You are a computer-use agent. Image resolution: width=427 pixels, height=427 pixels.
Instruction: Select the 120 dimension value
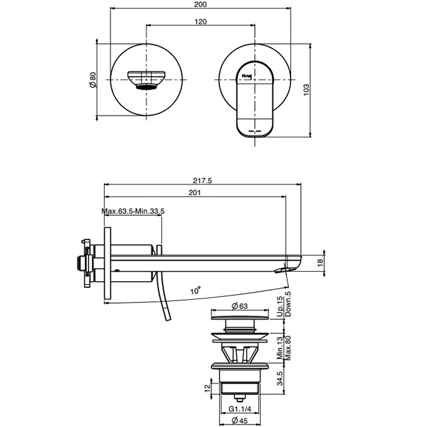tap(200, 21)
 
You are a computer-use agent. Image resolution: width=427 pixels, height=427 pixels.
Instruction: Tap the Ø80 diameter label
tap(92, 79)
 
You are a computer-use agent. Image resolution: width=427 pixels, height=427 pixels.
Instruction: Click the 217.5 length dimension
tap(203, 181)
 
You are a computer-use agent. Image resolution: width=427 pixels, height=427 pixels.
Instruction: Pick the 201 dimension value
tap(194, 194)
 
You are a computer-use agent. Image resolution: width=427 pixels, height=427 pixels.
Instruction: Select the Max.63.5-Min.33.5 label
tap(133, 211)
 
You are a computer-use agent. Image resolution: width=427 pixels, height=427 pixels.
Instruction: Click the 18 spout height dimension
tap(320, 263)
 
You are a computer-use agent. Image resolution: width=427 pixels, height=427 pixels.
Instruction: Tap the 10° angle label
tap(196, 290)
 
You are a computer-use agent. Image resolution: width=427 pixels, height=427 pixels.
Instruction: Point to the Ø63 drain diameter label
tap(240, 306)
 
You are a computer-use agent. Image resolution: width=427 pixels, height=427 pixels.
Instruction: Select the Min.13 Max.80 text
tap(284, 346)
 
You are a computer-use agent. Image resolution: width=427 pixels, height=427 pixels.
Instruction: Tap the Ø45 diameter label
tap(239, 421)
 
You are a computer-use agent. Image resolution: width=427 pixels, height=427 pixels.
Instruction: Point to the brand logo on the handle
tap(248, 76)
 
